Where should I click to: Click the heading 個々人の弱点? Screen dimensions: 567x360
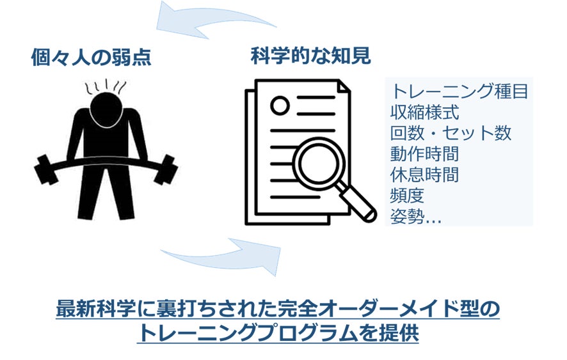[91, 57]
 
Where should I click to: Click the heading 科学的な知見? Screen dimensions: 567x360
[311, 56]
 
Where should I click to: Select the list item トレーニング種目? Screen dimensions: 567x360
[459, 91]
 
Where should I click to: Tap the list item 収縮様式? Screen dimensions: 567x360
[424, 112]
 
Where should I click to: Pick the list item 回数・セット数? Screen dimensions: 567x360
[451, 133]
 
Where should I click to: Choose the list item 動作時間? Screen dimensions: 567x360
[424, 154]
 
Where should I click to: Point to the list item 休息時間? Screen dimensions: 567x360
[424, 175]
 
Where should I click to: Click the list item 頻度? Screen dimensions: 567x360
[407, 196]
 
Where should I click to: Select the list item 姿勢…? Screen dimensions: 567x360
[416, 217]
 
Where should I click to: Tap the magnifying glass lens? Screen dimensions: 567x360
[318, 163]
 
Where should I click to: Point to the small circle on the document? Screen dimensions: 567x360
[280, 106]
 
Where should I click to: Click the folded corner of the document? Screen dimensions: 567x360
[344, 86]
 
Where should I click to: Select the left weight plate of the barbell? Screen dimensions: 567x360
[45, 169]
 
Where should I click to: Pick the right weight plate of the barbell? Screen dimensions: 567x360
[166, 169]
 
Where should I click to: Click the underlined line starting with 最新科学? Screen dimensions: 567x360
[278, 309]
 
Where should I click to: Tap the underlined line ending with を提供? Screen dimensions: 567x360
[278, 333]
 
